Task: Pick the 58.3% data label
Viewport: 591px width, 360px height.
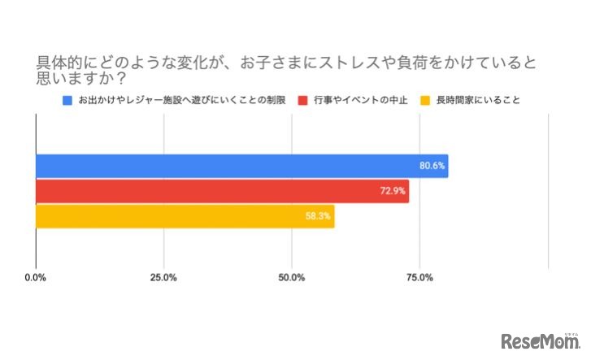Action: (x=319, y=216)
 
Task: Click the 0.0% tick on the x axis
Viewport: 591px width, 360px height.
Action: (x=36, y=278)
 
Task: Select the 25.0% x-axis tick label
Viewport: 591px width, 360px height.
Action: (x=163, y=278)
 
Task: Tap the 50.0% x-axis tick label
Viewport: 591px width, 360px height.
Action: (x=292, y=278)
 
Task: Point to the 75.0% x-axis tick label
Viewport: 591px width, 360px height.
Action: (x=419, y=278)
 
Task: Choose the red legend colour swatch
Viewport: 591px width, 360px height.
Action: (x=303, y=101)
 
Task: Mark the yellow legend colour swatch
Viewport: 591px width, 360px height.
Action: (x=424, y=101)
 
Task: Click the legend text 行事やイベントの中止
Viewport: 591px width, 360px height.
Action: (x=358, y=101)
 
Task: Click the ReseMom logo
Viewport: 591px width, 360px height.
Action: (x=538, y=341)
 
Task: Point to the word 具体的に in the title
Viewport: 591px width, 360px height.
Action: (x=62, y=63)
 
